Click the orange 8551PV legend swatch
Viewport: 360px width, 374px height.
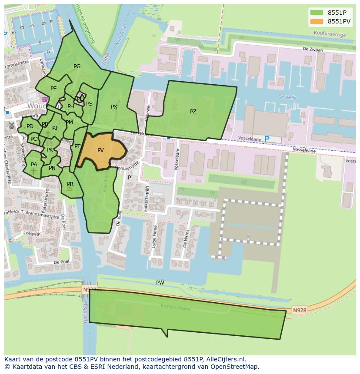[x=317, y=21]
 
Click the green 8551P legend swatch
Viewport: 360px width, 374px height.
[x=317, y=13]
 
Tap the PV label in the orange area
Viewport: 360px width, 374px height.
[x=100, y=150]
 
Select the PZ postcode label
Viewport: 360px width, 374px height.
[x=193, y=112]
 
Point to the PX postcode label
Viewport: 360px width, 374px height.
[x=114, y=107]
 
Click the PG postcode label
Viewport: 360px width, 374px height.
[x=77, y=66]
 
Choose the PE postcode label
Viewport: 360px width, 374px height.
[x=53, y=89]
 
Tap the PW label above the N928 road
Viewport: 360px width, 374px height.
[x=160, y=283]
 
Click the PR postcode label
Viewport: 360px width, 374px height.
[x=70, y=184]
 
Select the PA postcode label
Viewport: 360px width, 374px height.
[x=34, y=165]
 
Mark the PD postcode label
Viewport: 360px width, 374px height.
[x=30, y=126]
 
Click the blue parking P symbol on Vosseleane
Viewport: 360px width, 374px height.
[x=267, y=139]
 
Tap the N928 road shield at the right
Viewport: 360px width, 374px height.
[x=299, y=310]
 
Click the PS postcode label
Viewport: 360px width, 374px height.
[x=89, y=104]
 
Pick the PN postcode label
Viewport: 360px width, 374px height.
[x=52, y=168]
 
